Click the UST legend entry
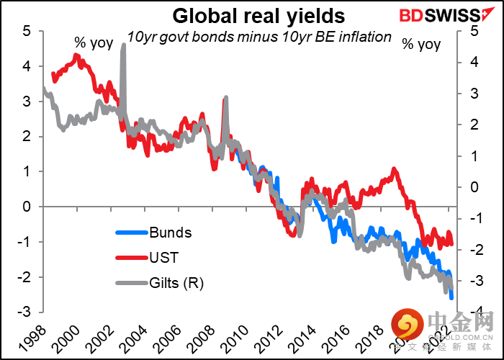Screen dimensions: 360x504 [164, 257]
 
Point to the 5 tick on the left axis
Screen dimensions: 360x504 [26, 31]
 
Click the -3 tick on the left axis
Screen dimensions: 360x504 [24, 312]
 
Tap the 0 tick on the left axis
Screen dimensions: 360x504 [26, 207]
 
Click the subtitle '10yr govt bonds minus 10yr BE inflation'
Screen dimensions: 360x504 [259, 37]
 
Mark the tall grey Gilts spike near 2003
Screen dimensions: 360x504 [124, 46]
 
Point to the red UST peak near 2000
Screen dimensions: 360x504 [77, 55]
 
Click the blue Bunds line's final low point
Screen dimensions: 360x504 [451, 297]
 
